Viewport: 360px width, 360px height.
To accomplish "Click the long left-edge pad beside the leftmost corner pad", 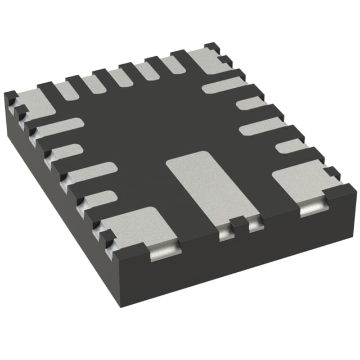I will pyautogui.click(x=59, y=128).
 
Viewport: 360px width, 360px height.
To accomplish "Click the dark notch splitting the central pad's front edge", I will pyautogui.click(x=241, y=227).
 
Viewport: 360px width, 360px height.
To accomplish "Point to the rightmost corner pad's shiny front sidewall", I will pyautogui.click(x=313, y=209).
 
